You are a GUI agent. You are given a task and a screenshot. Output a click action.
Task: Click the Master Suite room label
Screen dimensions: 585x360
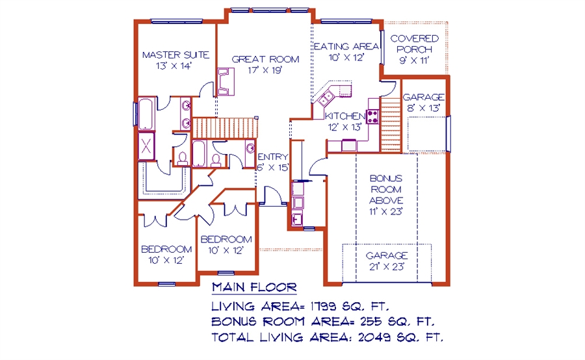[x=175, y=55]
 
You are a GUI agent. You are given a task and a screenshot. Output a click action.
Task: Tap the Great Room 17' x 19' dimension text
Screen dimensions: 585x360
[x=265, y=70]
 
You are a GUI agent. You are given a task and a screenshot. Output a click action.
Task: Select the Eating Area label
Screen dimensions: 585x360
[x=346, y=46]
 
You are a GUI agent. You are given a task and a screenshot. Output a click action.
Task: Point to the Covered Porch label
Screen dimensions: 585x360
[x=414, y=44]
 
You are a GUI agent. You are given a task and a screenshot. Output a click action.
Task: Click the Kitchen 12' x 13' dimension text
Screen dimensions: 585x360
[x=345, y=127]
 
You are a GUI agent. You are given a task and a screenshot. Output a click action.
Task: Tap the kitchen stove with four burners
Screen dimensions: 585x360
[x=372, y=116]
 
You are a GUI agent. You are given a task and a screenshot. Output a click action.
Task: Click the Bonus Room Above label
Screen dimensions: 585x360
[x=386, y=189]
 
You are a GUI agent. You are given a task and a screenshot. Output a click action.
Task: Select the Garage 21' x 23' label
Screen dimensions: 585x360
[x=387, y=261]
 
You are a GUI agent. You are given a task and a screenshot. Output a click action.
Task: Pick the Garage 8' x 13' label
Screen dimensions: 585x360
[x=423, y=103]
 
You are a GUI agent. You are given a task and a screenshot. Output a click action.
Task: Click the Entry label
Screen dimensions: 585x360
[x=273, y=157]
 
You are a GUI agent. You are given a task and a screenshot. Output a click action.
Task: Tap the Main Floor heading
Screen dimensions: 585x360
[x=254, y=287]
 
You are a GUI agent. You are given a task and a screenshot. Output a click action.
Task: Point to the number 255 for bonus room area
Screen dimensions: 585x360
[x=371, y=321]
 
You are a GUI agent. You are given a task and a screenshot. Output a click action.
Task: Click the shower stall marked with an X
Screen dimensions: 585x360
[x=146, y=146]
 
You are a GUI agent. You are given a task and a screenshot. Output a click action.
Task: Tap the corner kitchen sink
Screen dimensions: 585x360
[x=325, y=97]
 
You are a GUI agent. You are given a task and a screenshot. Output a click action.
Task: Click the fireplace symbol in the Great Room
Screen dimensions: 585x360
[x=226, y=82]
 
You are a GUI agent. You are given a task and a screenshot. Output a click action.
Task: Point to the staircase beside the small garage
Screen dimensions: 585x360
[x=391, y=125]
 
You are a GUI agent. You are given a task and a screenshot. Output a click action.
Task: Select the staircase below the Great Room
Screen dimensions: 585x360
[x=226, y=128]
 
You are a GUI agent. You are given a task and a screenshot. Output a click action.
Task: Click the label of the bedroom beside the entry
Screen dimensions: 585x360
[x=226, y=244]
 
